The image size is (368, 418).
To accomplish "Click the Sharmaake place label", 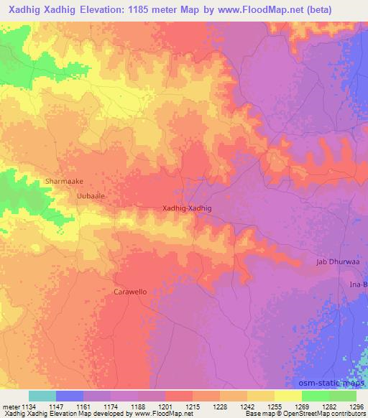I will pos(64,182).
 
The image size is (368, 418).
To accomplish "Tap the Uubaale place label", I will pos(91,195).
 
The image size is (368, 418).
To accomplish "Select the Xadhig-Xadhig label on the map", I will pos(188,208).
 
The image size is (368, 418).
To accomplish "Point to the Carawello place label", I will pos(130,292).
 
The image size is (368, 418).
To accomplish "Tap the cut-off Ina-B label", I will pos(358,285).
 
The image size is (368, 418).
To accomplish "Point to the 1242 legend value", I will pos(247,407).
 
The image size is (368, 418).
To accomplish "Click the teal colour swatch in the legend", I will pos(42,396).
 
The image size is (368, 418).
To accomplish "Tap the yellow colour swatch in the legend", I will pos(287,396).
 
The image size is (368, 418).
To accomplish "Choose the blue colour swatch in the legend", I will pos(70,396).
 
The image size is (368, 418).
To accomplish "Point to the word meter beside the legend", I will pos(11,407).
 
